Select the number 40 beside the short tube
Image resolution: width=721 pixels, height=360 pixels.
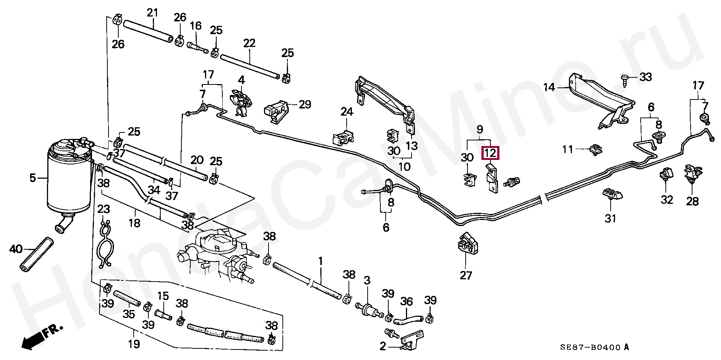pyautogui.click(x=16, y=249)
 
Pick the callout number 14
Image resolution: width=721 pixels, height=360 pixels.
pyautogui.click(x=549, y=88)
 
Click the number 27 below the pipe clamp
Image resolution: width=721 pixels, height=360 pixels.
pyautogui.click(x=466, y=275)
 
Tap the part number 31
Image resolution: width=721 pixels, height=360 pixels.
pyautogui.click(x=610, y=218)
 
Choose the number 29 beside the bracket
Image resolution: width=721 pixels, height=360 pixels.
pyautogui.click(x=305, y=104)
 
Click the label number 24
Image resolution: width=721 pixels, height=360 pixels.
pyautogui.click(x=347, y=111)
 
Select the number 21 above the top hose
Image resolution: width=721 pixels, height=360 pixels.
pyautogui.click(x=152, y=13)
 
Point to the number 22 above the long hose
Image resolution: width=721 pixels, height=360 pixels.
pyautogui.click(x=249, y=43)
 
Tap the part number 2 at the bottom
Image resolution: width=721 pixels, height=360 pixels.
pyautogui.click(x=382, y=346)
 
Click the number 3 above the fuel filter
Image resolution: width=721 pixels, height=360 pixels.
pyautogui.click(x=367, y=280)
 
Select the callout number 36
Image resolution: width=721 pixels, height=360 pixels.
pyautogui.click(x=406, y=301)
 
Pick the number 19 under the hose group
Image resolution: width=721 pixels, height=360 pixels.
pyautogui.click(x=134, y=344)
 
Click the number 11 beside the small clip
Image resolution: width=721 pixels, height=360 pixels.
pyautogui.click(x=567, y=149)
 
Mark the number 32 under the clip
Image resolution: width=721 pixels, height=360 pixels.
pyautogui.click(x=667, y=200)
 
